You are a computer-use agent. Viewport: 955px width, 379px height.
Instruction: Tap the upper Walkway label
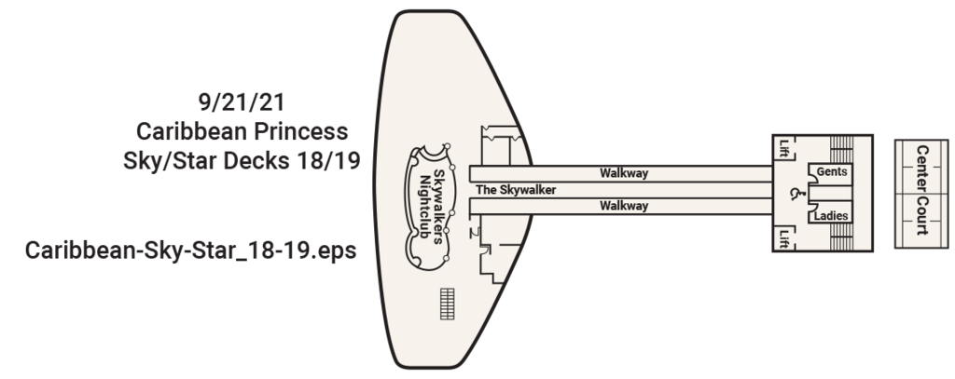[624, 173]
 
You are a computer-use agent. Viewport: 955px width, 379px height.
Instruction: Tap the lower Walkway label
[624, 206]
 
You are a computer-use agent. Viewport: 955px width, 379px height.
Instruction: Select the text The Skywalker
[516, 190]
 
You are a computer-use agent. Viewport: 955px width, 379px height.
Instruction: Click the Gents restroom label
[831, 173]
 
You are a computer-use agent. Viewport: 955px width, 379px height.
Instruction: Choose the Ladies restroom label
[830, 214]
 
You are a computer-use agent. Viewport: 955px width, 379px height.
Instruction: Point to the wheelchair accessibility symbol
[796, 194]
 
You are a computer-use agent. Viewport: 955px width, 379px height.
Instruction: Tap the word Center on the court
[922, 167]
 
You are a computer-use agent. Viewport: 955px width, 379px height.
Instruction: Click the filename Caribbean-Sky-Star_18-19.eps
[191, 251]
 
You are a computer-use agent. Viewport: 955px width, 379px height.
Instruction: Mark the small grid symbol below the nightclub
[449, 303]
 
